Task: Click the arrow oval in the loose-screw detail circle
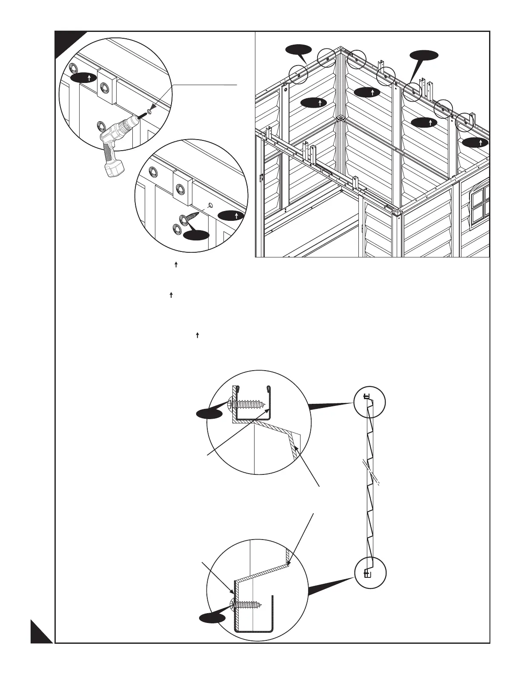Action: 230,216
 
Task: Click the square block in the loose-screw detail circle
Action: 182,187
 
